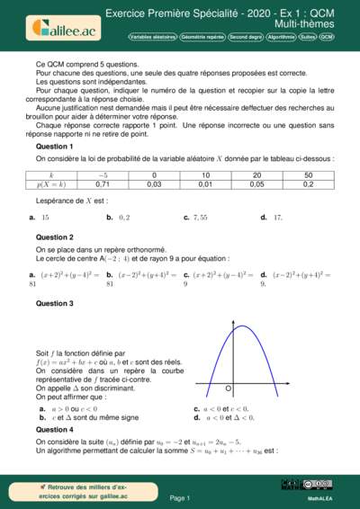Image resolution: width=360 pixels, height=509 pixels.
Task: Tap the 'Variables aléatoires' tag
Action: click(154, 37)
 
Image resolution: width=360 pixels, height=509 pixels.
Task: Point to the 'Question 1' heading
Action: click(54, 146)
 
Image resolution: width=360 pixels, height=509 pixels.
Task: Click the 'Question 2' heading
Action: click(54, 237)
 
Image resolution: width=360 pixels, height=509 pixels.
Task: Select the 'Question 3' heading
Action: click(54, 304)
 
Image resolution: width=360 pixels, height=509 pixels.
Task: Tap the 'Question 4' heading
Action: click(54, 430)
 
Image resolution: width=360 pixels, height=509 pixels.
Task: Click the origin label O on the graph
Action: click(229, 388)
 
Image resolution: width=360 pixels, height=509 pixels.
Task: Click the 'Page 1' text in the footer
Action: click(180, 497)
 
